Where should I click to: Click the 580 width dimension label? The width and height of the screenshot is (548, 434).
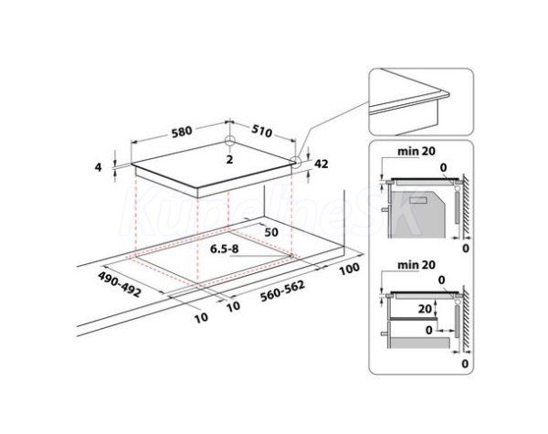click(x=182, y=132)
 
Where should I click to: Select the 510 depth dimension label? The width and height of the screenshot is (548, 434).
click(x=262, y=131)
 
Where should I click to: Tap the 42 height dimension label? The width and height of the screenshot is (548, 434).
click(x=321, y=164)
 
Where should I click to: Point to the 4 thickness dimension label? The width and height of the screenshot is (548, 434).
click(x=99, y=167)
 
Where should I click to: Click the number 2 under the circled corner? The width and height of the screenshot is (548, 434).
click(x=229, y=160)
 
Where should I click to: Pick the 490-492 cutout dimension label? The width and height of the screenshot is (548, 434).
click(x=120, y=284)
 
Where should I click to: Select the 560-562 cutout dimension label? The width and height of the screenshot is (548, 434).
click(x=282, y=291)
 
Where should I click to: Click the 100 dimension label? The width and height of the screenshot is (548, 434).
click(x=349, y=269)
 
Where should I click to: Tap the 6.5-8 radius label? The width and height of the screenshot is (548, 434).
click(x=224, y=249)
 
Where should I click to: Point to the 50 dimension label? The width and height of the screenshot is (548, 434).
click(x=271, y=232)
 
